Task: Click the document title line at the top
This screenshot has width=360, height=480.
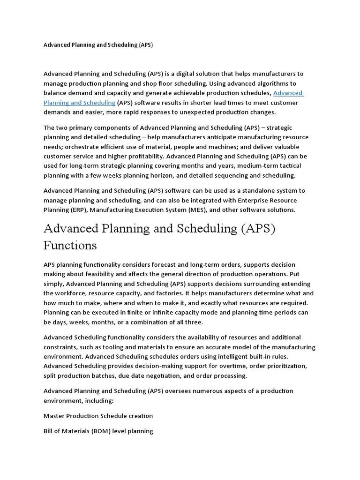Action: [98, 45]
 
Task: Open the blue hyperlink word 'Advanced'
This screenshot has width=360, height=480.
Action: [288, 93]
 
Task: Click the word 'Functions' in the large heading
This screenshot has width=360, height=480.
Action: [70, 245]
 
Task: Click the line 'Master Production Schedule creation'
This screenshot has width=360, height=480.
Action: [98, 416]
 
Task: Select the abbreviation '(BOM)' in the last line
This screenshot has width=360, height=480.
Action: [98, 431]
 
